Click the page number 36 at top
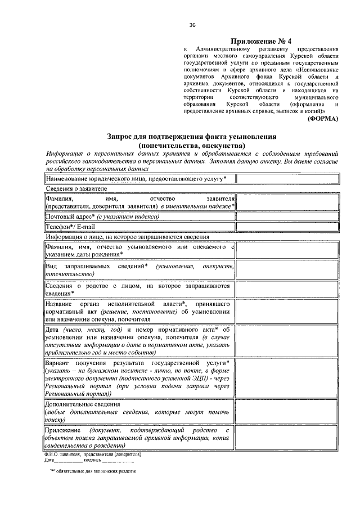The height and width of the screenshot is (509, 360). tap(192, 25)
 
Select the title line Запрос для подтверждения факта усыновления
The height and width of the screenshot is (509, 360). tap(192, 137)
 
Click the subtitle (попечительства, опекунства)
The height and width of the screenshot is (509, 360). tap(192, 145)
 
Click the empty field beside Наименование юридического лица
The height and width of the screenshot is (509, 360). tap(287, 179)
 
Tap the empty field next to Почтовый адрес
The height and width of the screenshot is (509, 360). tap(287, 216)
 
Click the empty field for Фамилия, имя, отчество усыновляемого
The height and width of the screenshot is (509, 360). tap(287, 250)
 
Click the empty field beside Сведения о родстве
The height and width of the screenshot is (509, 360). tap(287, 289)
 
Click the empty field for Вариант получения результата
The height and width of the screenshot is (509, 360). tap(287, 378)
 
